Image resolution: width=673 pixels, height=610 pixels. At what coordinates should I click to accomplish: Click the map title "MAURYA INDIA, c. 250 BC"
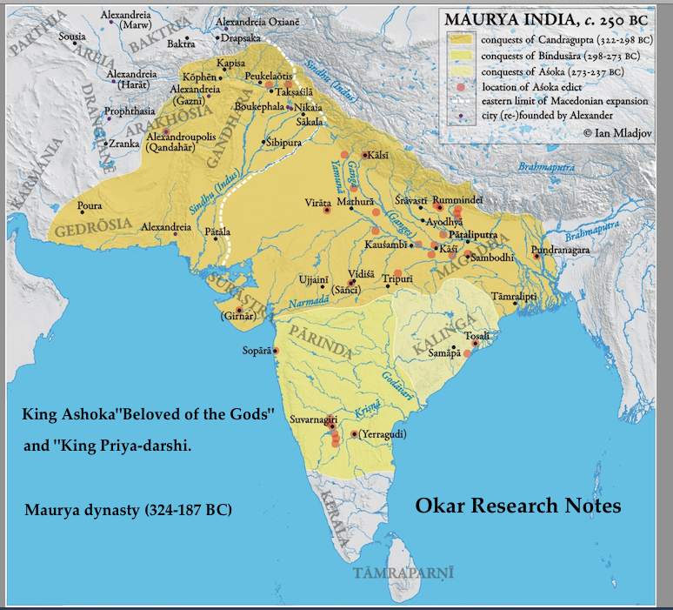[550, 19]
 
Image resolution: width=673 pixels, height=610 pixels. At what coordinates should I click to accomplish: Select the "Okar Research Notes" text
[517, 505]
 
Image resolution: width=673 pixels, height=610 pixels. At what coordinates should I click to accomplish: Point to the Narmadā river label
[308, 302]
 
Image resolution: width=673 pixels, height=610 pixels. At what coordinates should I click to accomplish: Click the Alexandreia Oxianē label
[259, 22]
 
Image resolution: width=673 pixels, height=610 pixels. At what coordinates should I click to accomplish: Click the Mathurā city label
[355, 198]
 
